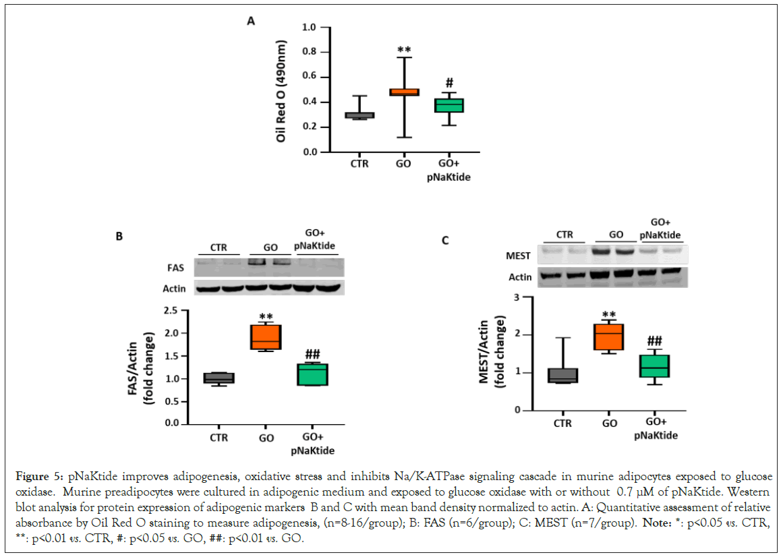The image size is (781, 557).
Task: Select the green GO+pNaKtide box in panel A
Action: [x=449, y=105]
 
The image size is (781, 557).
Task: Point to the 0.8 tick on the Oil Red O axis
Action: [x=310, y=53]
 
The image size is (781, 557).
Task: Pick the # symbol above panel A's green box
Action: [x=449, y=83]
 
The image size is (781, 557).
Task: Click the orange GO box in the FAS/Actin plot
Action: [x=266, y=337]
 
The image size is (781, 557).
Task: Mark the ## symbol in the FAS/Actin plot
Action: [x=312, y=355]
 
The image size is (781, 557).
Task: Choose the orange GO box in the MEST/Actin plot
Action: [x=610, y=337]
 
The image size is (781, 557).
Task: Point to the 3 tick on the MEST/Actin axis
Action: [x=517, y=297]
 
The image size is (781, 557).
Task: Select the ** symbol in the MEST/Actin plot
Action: [x=610, y=314]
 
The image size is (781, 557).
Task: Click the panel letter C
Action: [x=445, y=241]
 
